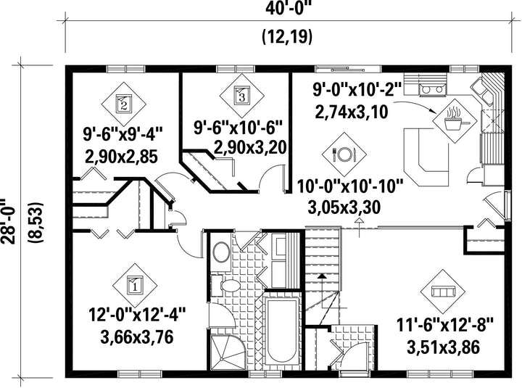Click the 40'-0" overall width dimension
pos(288,8)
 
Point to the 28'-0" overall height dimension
pos(8,222)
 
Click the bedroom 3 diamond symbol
pos(241,95)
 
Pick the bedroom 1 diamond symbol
pos(135,285)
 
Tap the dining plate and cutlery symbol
pos(344,154)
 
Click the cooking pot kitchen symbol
pos(455,121)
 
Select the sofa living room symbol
pos(442,292)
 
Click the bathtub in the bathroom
pos(281,331)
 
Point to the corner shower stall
pos(227,352)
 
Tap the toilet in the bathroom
pos(226,286)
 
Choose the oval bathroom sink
pos(220,252)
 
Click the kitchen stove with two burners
pos(433,89)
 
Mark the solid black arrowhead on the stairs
pos(322,276)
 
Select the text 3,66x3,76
pos(137,337)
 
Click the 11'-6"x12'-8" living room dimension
pos(444,325)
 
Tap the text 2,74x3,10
pos(351,112)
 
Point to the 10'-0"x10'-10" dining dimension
pos(350,187)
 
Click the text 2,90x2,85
pos(121,157)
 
